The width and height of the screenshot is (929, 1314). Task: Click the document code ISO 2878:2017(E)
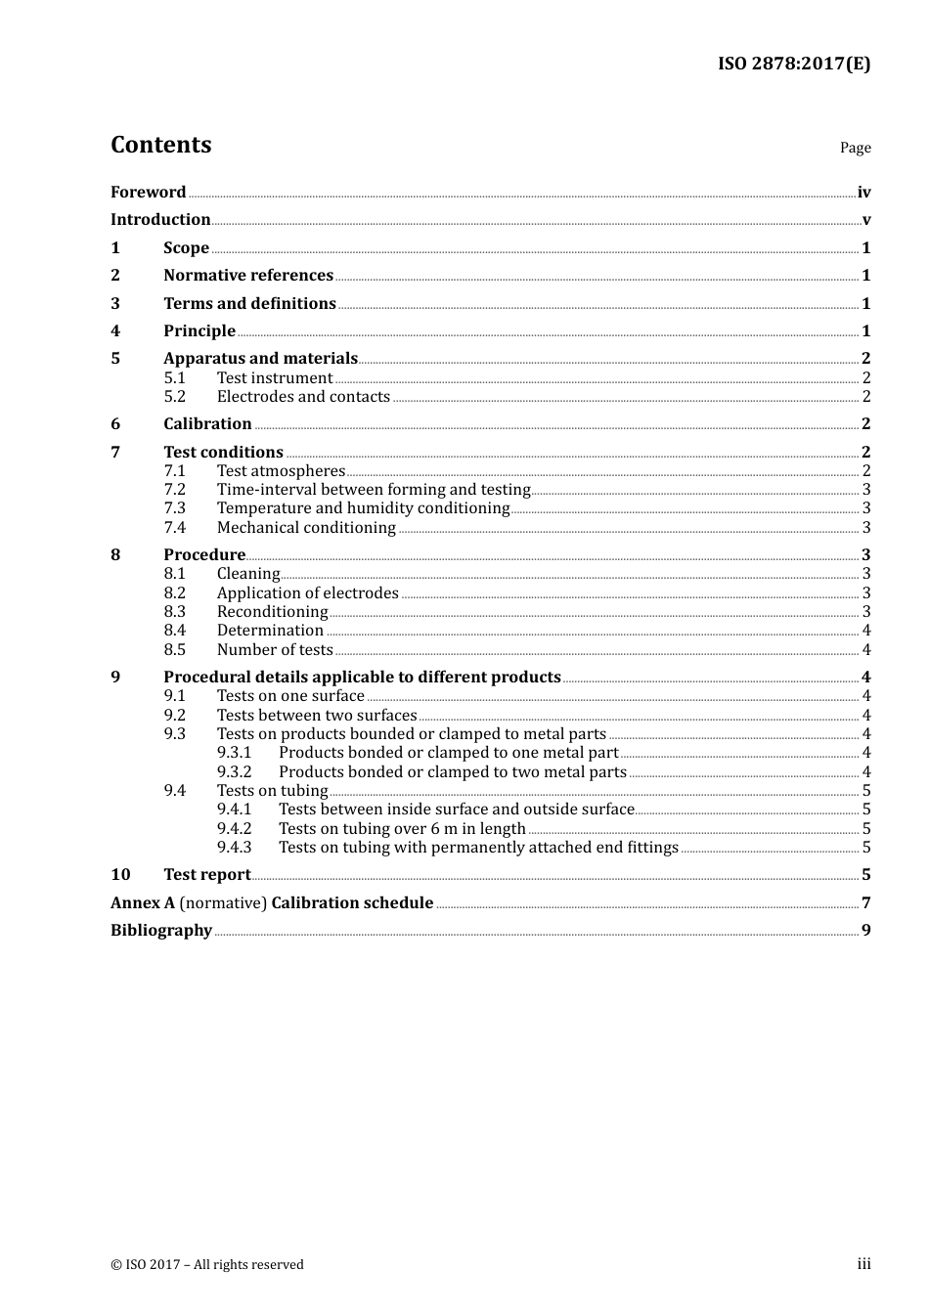point(793,64)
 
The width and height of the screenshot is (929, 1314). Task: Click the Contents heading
point(160,145)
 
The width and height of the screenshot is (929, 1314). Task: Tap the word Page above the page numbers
point(855,148)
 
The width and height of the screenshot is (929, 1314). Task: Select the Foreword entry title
point(148,193)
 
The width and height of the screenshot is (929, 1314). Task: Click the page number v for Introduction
point(865,220)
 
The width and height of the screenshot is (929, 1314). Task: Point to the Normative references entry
point(248,276)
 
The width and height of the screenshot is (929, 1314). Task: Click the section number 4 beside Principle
point(115,331)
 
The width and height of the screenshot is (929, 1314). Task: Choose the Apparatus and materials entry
point(260,359)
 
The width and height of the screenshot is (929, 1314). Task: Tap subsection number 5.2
point(174,397)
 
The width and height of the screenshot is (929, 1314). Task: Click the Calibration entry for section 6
point(207,424)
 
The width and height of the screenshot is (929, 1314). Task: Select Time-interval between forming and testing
point(373,490)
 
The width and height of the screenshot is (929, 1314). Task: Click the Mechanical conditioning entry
point(306,528)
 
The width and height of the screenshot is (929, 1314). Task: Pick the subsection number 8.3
point(174,612)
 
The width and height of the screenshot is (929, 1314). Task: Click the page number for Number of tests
point(865,650)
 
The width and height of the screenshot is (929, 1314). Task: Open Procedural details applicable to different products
point(362,678)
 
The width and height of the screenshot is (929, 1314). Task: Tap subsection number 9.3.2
point(234,772)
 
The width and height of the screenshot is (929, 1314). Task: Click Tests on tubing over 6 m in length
point(402,829)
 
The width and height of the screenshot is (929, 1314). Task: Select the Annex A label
point(142,903)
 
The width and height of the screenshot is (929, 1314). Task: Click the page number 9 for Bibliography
point(865,931)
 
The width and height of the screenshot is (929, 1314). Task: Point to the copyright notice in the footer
point(207,1265)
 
